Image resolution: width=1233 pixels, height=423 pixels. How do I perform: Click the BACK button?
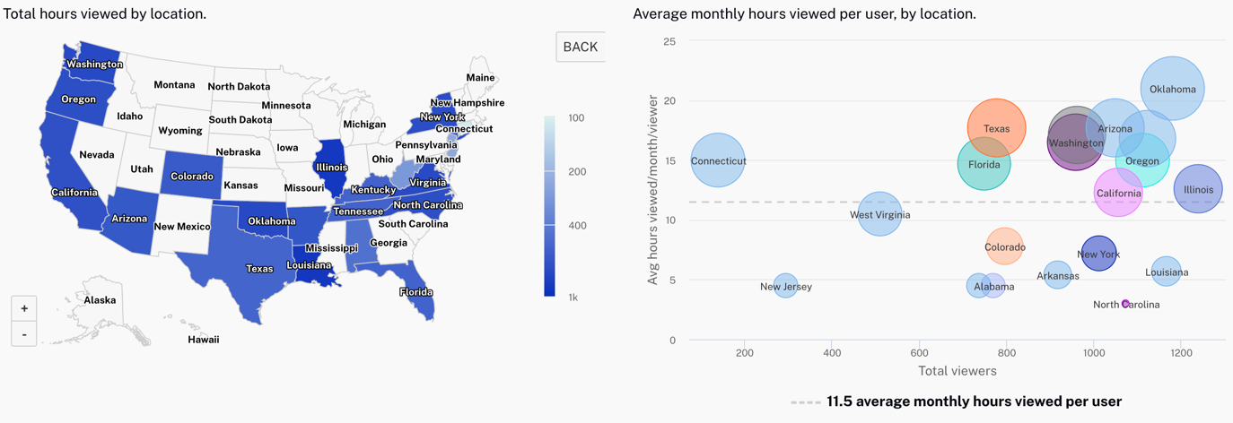click(580, 47)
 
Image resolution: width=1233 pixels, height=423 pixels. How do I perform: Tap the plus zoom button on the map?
click(24, 308)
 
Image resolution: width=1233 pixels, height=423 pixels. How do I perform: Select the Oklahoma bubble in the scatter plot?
click(1172, 89)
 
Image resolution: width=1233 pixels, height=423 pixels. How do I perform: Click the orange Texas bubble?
click(996, 128)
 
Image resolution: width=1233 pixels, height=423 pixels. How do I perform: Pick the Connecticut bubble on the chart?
click(718, 160)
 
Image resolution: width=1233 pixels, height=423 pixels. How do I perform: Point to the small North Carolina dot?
click(1125, 304)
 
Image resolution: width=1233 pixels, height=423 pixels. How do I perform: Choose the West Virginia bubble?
click(879, 214)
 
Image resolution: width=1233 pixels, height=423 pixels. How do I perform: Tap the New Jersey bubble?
click(785, 286)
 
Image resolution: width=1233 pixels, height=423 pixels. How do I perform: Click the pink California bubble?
click(1118, 193)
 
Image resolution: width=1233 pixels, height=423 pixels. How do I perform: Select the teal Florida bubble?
click(984, 164)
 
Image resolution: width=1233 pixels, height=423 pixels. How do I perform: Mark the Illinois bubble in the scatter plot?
click(1198, 189)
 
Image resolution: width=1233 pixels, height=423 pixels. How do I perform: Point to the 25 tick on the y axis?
click(669, 41)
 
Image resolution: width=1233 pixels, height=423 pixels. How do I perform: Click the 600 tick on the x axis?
click(919, 353)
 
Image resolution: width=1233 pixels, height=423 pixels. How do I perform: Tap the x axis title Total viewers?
click(957, 370)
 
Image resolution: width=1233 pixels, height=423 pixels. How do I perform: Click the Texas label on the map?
click(259, 269)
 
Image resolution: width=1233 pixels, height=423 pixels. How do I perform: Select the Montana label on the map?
click(174, 85)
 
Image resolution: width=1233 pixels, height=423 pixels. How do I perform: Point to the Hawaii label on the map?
click(203, 340)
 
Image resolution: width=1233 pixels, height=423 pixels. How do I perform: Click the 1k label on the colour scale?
click(573, 297)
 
